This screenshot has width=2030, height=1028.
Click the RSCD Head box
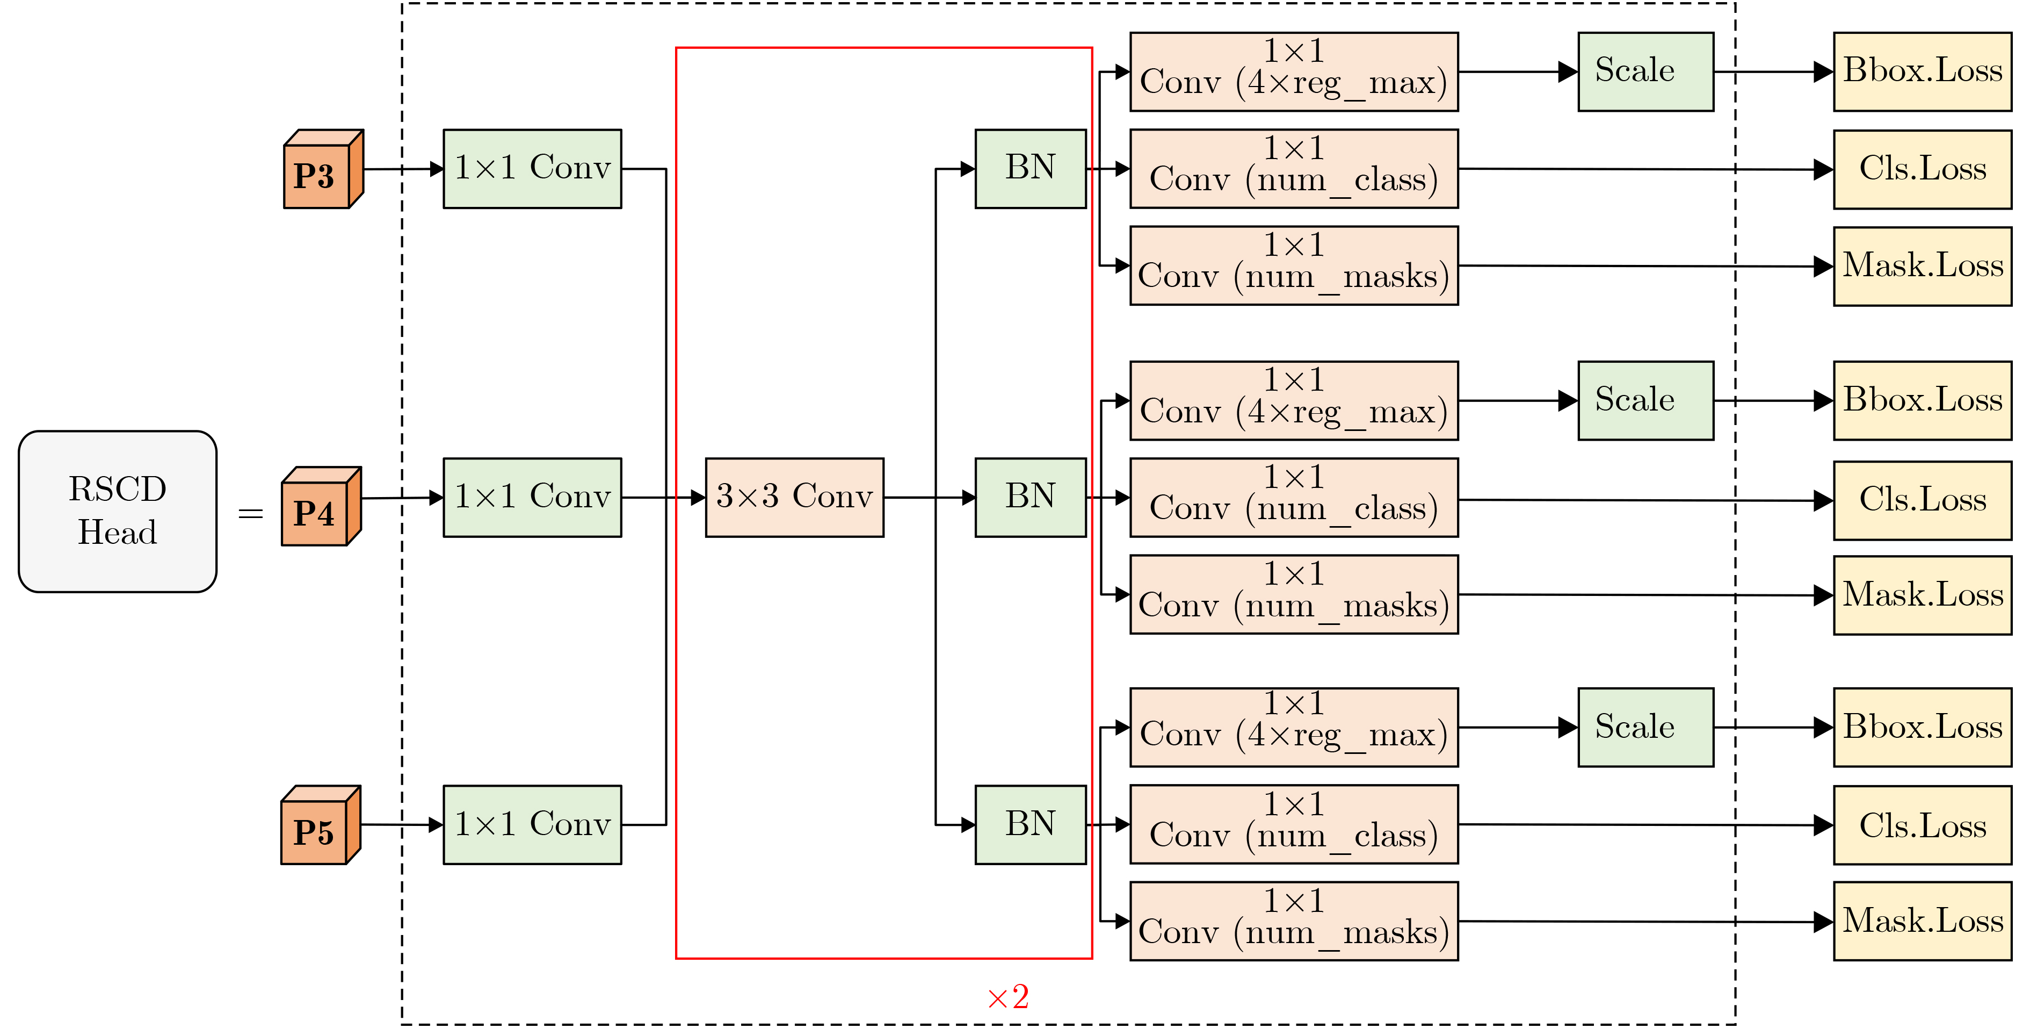118,511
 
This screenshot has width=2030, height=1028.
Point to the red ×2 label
1008,997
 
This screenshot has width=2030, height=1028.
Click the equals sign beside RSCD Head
251,514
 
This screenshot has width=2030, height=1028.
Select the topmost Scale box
1644,71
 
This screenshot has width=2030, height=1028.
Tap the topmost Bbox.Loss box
1922,71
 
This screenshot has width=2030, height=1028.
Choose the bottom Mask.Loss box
1922,921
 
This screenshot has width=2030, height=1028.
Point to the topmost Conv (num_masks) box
1293,265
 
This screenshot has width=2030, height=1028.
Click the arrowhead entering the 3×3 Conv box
698,498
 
